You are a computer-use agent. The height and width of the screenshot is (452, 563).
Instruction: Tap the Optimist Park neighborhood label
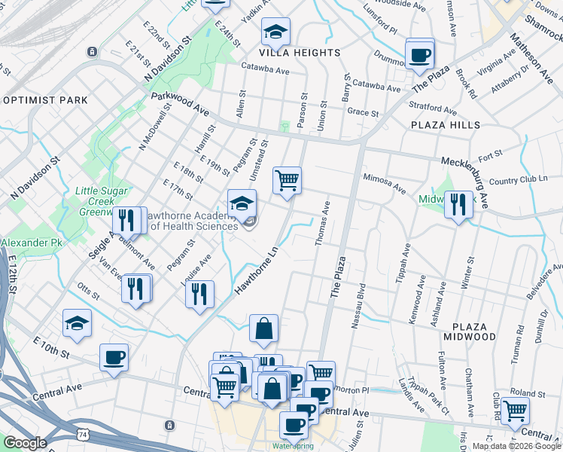pos(45,100)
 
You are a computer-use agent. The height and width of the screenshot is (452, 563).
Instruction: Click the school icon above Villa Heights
pos(276,32)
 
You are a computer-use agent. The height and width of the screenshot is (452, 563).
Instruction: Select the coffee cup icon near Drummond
pos(420,54)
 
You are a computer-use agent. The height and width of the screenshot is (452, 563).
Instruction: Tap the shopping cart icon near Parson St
pos(287,181)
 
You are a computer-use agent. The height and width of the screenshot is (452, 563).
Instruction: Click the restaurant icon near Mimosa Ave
pos(458,203)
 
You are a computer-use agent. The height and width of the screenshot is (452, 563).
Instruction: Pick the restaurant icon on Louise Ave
pos(199,294)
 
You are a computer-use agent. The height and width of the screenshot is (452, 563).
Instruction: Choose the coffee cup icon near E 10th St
pos(114,357)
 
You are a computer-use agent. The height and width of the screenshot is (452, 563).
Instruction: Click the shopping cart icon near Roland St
pos(516,411)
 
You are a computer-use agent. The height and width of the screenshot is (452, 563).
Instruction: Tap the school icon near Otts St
pos(77,322)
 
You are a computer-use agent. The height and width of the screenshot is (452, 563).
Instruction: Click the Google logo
pos(25,443)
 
